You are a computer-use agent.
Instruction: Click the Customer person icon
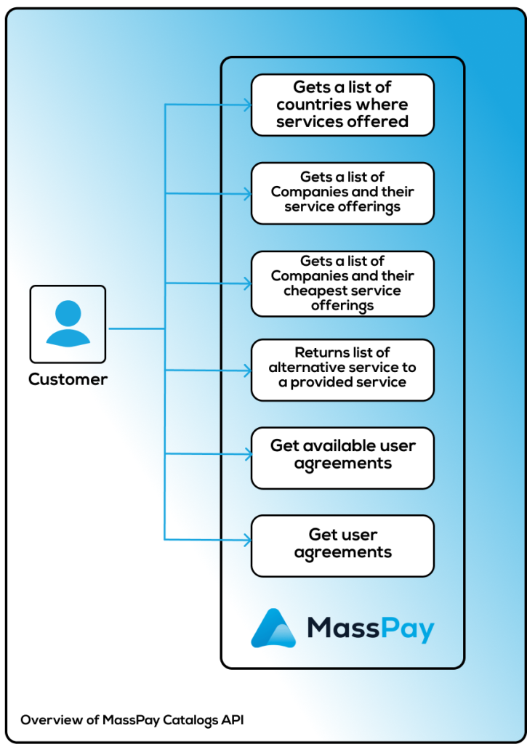point(68,324)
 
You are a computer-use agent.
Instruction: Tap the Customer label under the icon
point(68,379)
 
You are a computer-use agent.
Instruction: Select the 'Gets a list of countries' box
point(342,105)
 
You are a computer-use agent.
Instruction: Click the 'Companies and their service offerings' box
point(342,193)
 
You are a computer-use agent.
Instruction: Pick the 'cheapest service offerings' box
point(342,283)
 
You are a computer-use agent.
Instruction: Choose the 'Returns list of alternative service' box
point(342,369)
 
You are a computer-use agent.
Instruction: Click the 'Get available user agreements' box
point(342,457)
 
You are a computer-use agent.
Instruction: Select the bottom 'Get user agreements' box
point(342,545)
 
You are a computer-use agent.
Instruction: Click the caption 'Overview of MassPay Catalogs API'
point(132,720)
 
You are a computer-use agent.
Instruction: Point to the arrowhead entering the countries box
point(247,105)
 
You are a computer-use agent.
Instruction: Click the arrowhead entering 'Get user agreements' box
point(247,540)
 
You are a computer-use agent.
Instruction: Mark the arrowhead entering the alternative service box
point(247,370)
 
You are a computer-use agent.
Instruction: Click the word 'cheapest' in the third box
point(314,291)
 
